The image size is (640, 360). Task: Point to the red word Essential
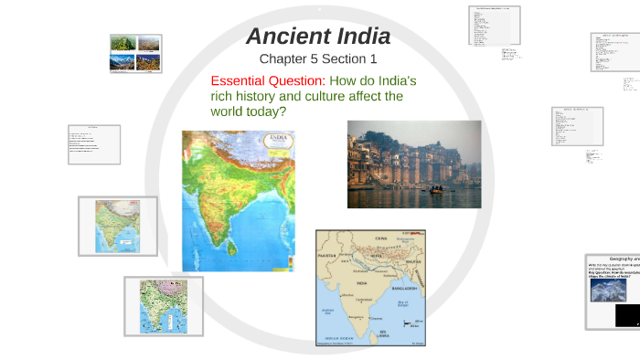[x=242, y=79]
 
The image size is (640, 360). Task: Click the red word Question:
[x=300, y=79]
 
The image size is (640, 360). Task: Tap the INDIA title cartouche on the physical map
[x=276, y=143]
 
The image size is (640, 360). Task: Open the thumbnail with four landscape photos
[x=135, y=53]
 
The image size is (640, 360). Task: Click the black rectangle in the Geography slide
[x=627, y=316]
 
